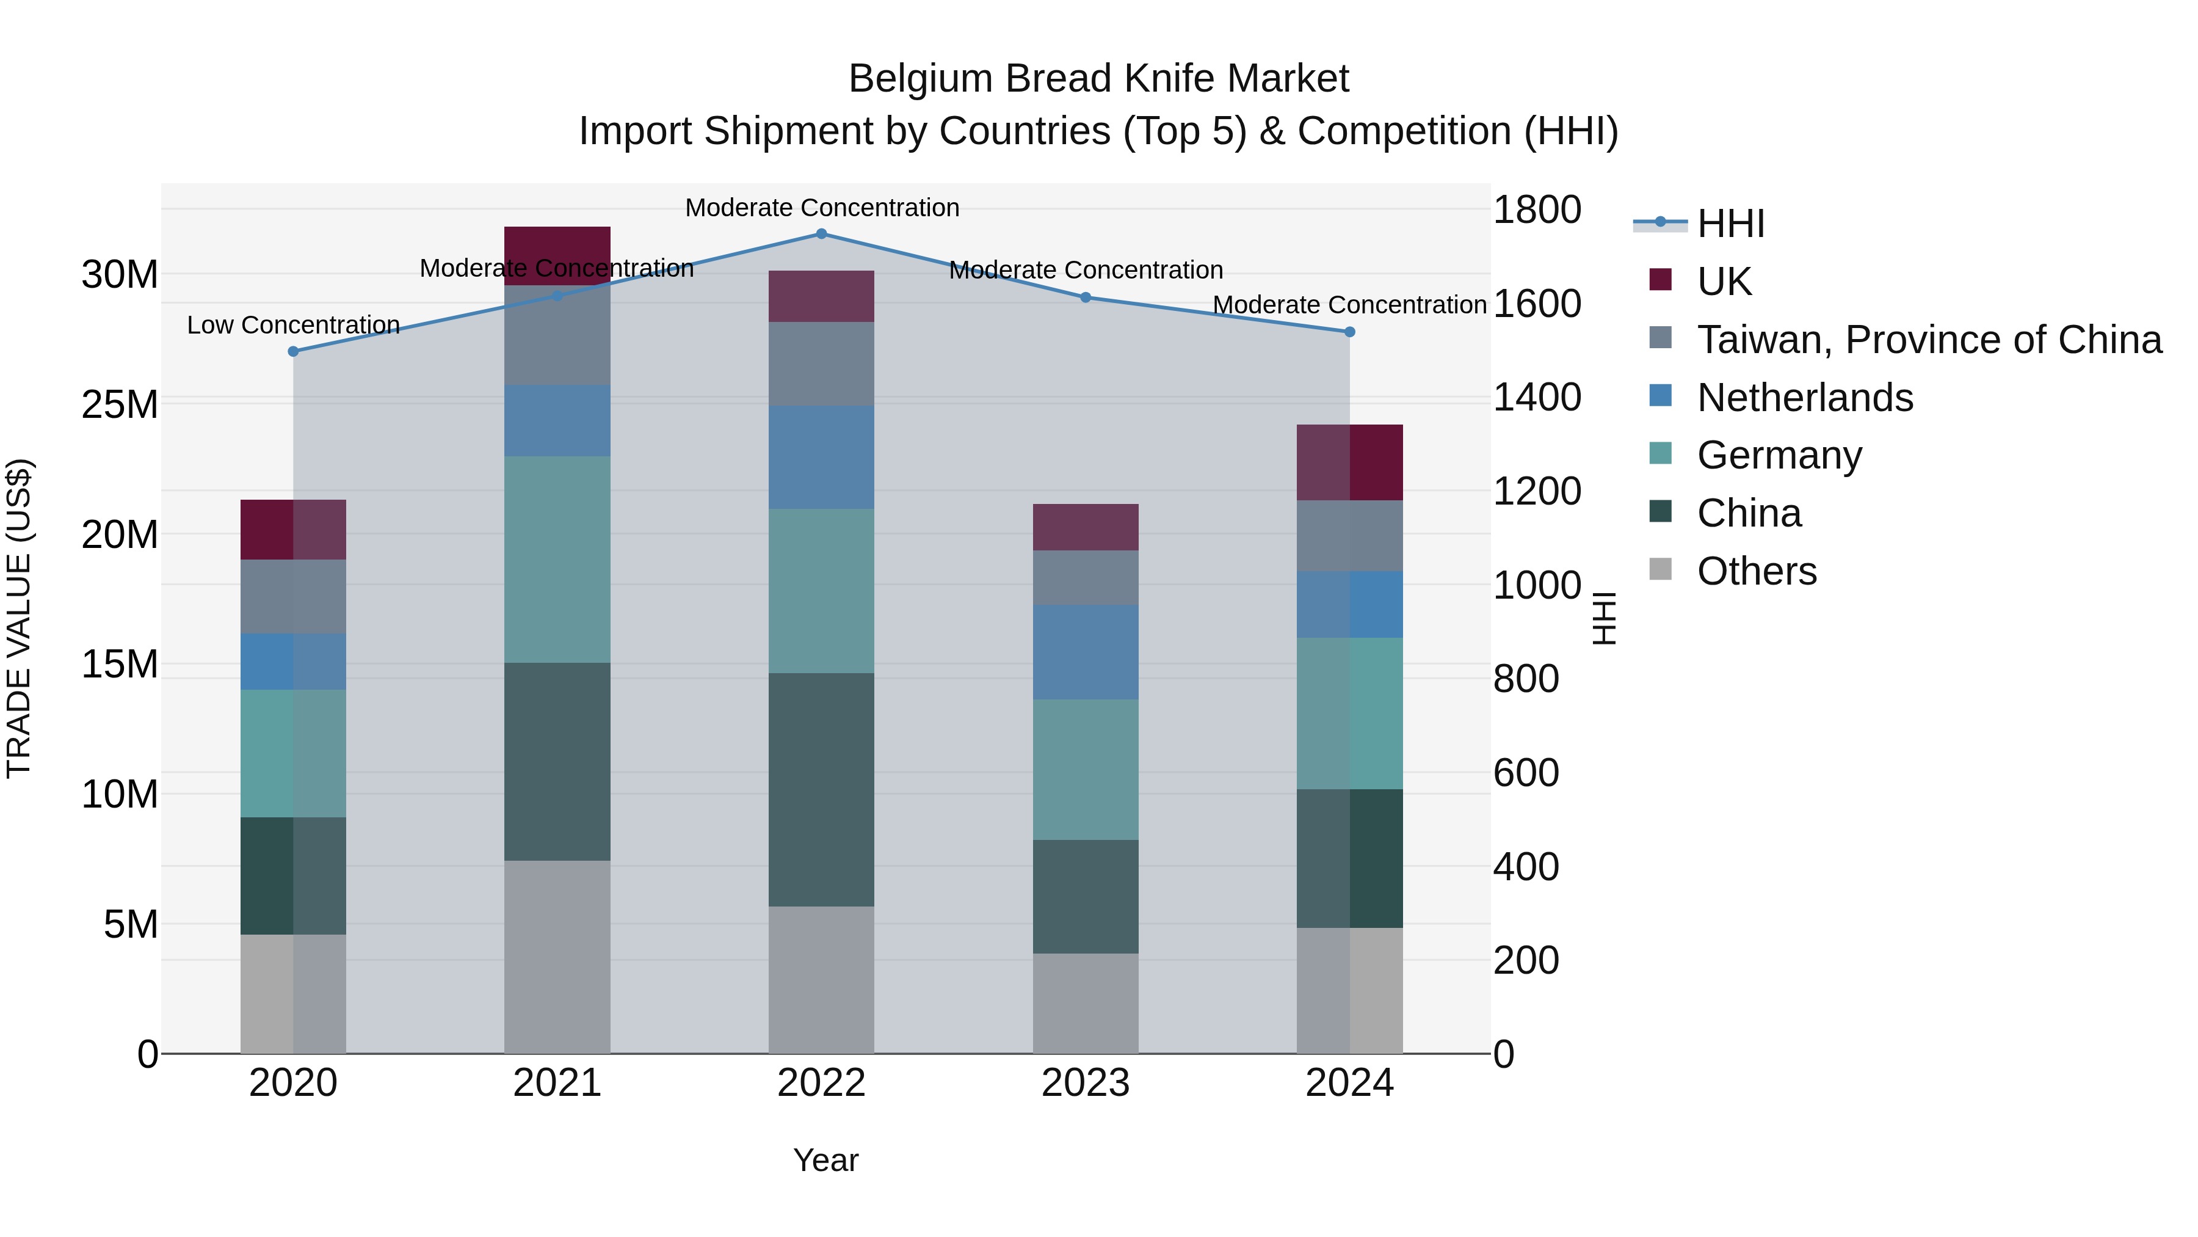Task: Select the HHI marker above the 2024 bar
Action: [x=1350, y=332]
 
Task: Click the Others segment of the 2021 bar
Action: [x=557, y=956]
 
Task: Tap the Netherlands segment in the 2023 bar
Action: [x=1086, y=652]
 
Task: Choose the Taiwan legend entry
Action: [x=1928, y=340]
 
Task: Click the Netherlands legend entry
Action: [x=1805, y=398]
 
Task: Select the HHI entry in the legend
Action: [x=1730, y=224]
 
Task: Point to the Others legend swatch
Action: [x=1661, y=569]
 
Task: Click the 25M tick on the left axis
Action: [x=120, y=404]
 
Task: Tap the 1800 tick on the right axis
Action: [x=1537, y=210]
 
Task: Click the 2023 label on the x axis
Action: [x=1086, y=1083]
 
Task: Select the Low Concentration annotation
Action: [x=294, y=325]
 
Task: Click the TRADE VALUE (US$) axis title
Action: [x=19, y=618]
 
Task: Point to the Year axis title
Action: [x=825, y=1160]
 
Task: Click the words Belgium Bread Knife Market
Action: [x=1098, y=79]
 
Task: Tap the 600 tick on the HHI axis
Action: [x=1526, y=773]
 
